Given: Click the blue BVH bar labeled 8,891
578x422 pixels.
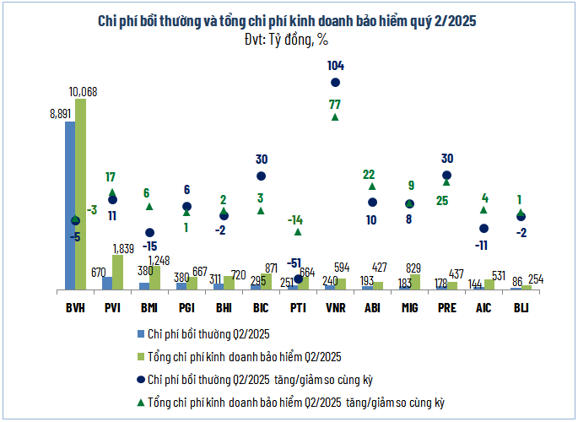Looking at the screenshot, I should click(70, 207).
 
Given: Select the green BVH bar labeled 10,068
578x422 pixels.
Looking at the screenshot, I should click(80, 195).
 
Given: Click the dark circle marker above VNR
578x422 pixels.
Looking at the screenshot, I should click(335, 82).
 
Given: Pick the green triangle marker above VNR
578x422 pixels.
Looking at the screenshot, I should click(335, 117).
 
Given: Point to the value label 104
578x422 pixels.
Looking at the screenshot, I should click(335, 65).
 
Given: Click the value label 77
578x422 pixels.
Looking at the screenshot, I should click(335, 104).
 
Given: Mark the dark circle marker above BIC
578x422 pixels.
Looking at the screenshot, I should click(261, 176).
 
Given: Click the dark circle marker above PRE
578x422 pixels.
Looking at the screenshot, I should click(446, 176).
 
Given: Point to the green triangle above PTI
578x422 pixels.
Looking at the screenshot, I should click(298, 231).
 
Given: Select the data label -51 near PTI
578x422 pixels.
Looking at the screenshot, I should click(295, 262).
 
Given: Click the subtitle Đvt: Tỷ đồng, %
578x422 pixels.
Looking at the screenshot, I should click(288, 38).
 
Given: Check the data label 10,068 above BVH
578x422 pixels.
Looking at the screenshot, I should click(85, 90).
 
